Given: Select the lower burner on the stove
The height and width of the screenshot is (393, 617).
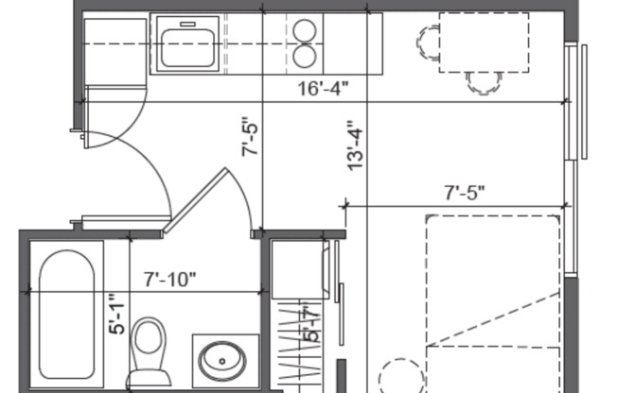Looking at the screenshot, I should pyautogui.click(x=305, y=57).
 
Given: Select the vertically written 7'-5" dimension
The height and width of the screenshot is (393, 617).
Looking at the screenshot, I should pyautogui.click(x=252, y=137).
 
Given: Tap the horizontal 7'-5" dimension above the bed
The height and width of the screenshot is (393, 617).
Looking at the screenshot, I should pyautogui.click(x=465, y=192).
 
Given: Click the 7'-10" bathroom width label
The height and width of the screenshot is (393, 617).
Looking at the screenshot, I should pyautogui.click(x=170, y=280).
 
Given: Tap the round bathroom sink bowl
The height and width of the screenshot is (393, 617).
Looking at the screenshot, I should pyautogui.click(x=222, y=359).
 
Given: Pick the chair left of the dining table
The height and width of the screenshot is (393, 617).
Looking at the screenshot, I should pyautogui.click(x=429, y=42).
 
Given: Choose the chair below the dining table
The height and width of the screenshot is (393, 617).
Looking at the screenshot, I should pyautogui.click(x=485, y=82).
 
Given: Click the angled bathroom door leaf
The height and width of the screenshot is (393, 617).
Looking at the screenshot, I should pyautogui.click(x=196, y=201).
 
